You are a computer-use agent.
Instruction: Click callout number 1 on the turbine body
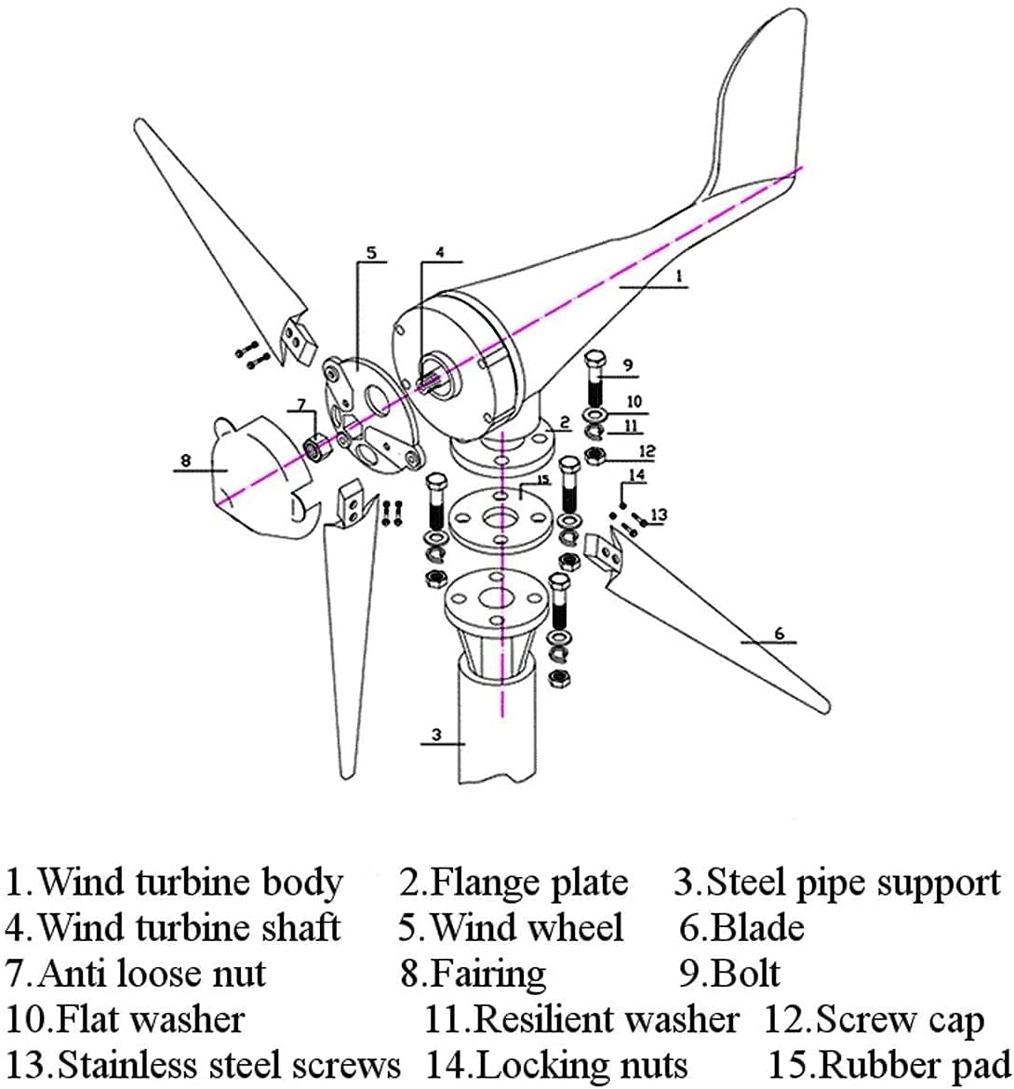point(678,276)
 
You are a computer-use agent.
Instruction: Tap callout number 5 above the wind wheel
point(370,252)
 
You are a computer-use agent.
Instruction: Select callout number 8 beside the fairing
point(186,459)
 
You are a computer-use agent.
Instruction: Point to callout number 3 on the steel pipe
point(435,735)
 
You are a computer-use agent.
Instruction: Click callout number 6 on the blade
point(780,633)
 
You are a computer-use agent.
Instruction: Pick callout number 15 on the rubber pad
point(543,480)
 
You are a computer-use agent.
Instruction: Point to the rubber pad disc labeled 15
point(502,516)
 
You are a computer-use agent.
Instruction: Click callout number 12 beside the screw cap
point(647,451)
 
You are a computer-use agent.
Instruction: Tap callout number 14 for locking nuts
point(636,475)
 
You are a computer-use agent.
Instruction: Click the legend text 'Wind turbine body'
point(191,882)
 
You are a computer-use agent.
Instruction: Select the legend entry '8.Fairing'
point(474,973)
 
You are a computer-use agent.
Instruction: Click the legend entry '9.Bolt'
point(729,973)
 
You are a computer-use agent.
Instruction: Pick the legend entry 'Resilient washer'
point(606,1019)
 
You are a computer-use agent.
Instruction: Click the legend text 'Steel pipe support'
point(852,882)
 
